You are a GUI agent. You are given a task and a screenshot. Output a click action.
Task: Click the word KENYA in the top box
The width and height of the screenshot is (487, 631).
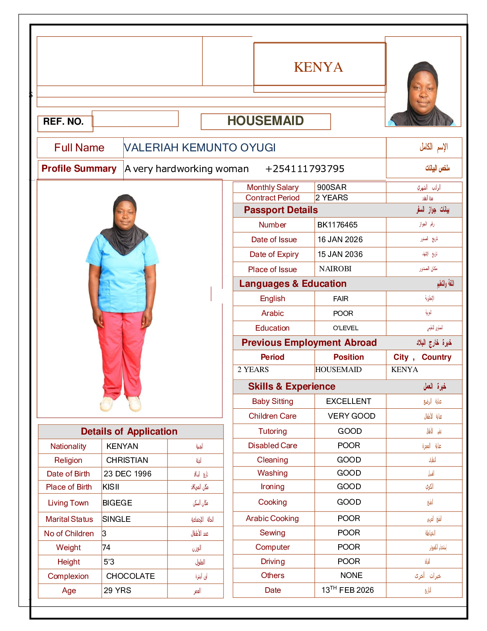[318, 67]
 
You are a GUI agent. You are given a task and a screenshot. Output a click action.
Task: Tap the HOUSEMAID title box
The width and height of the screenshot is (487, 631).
[265, 121]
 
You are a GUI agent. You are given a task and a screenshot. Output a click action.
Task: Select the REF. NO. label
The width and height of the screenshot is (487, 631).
[63, 122]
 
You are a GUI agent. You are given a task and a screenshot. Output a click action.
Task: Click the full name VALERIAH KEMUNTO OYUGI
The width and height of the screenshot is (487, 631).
[200, 148]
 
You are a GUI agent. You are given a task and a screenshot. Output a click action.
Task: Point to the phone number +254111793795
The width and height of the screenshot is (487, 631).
[304, 169]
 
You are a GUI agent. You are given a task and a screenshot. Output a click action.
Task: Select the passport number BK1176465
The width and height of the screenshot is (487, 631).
[337, 225]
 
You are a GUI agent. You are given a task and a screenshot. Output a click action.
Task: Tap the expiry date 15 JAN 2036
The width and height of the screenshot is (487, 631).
[340, 254]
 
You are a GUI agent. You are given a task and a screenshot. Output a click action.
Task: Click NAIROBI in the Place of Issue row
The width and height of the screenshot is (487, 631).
[335, 269]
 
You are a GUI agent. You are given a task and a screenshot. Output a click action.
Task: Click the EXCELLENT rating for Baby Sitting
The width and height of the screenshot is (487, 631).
[349, 401]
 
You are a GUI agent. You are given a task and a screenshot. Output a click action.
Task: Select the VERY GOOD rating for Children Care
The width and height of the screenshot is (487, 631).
[351, 416]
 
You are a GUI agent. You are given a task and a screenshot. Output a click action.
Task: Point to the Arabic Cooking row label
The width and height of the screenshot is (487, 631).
[272, 518]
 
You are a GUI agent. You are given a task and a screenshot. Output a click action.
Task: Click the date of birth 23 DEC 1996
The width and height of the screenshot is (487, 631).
[127, 474]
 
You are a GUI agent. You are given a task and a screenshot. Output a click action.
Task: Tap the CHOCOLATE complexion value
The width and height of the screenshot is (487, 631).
[131, 576]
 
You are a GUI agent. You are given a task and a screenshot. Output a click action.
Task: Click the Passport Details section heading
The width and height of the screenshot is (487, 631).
[281, 210]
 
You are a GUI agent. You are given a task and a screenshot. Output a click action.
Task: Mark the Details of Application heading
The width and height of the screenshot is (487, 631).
[129, 431]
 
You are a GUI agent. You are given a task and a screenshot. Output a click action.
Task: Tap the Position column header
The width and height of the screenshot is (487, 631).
[349, 357]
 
